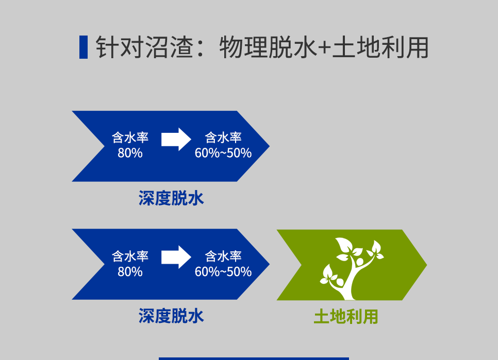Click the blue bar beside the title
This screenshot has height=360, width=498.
84,47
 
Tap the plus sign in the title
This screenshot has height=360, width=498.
324,48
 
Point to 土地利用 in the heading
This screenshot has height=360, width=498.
380,47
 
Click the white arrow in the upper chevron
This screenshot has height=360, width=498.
176,139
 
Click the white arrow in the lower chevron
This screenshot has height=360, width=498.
176,257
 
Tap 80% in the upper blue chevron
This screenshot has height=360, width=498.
130,153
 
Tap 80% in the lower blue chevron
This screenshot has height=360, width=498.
130,272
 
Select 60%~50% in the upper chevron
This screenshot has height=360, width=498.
223,153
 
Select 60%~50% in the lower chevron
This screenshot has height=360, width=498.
223,272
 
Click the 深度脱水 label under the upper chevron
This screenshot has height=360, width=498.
171,198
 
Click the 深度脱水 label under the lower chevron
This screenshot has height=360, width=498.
171,316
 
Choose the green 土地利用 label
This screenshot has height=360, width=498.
346,317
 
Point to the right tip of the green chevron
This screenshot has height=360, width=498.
427,265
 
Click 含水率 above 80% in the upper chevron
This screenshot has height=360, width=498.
130,138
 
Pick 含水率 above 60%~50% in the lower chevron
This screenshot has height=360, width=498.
223,256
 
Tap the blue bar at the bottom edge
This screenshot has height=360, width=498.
254,359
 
